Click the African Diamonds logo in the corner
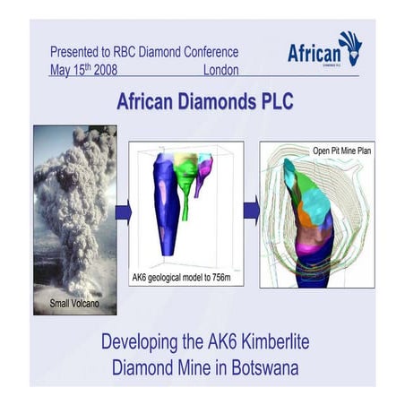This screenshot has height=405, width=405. tap(323, 49)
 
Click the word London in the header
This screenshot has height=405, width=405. tap(222, 70)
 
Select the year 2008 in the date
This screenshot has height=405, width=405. tap(102, 70)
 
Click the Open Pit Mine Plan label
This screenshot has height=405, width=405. tap(341, 151)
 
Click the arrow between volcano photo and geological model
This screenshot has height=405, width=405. tap(124, 212)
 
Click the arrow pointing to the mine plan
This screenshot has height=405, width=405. tap(252, 212)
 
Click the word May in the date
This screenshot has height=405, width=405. tap(61, 70)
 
